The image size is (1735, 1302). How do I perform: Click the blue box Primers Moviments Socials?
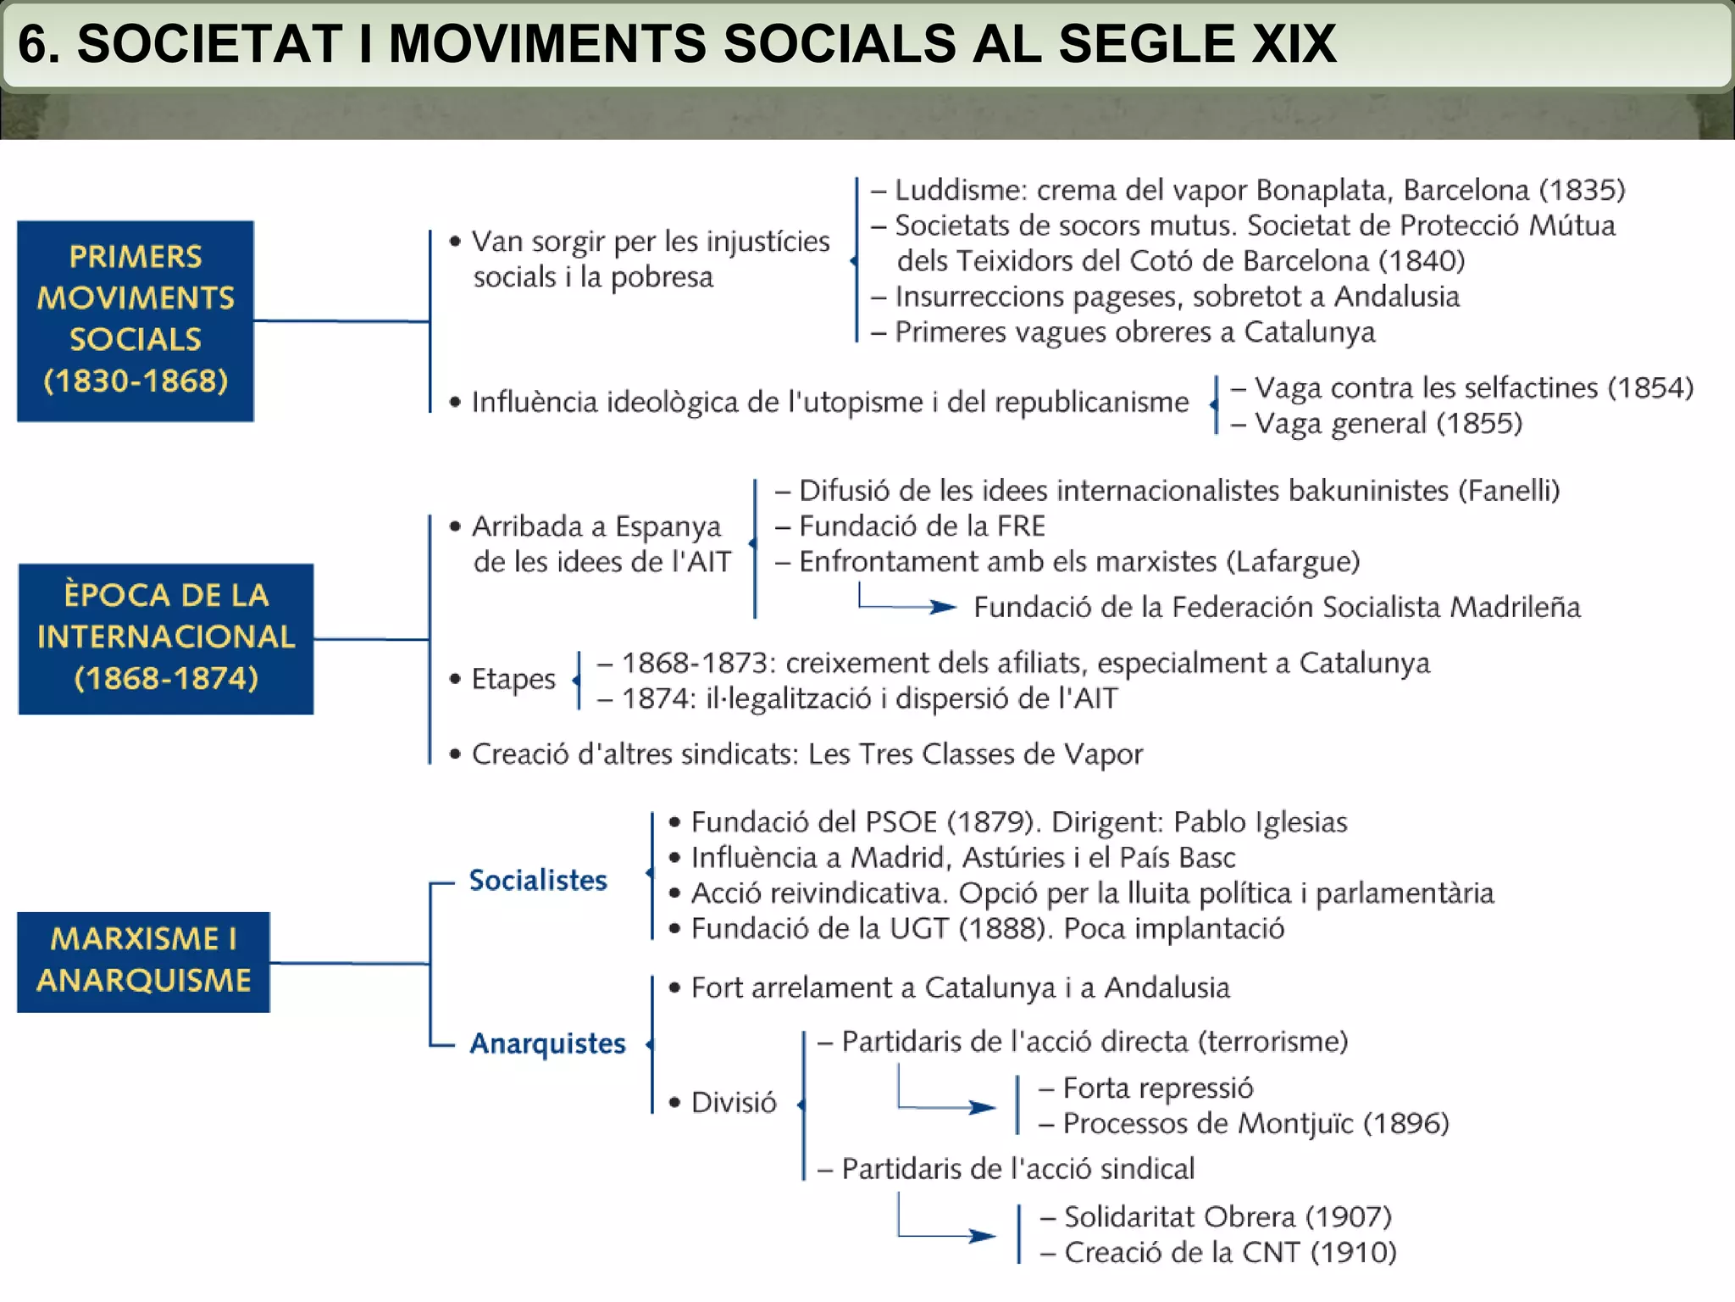click(x=136, y=320)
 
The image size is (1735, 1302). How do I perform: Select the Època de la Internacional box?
click(x=166, y=638)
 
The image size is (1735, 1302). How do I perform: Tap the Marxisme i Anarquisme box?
click(x=143, y=961)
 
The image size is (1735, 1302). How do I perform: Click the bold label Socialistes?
click(x=538, y=880)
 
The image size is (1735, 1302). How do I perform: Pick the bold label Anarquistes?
click(x=547, y=1043)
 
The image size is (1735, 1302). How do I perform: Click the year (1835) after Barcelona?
click(x=1582, y=190)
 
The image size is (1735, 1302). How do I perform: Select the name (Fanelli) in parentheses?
click(x=1509, y=491)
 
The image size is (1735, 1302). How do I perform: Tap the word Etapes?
click(x=513, y=679)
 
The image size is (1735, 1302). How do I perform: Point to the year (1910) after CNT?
click(x=1353, y=1252)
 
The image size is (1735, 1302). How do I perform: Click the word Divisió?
click(x=734, y=1103)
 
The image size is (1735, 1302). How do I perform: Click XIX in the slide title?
click(x=1294, y=44)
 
